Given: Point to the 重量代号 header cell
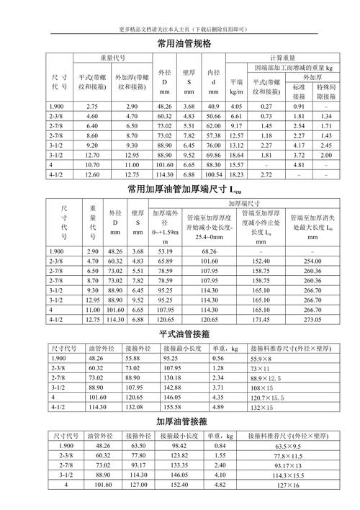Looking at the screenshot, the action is coord(112,57).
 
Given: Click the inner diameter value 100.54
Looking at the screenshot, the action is coord(213,174).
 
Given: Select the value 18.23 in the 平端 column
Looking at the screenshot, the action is coord(236,174).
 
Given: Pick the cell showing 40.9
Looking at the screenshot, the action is coord(213,106).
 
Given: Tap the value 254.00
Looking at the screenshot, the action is coord(312,260).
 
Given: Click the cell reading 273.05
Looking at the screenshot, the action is coord(312,318).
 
